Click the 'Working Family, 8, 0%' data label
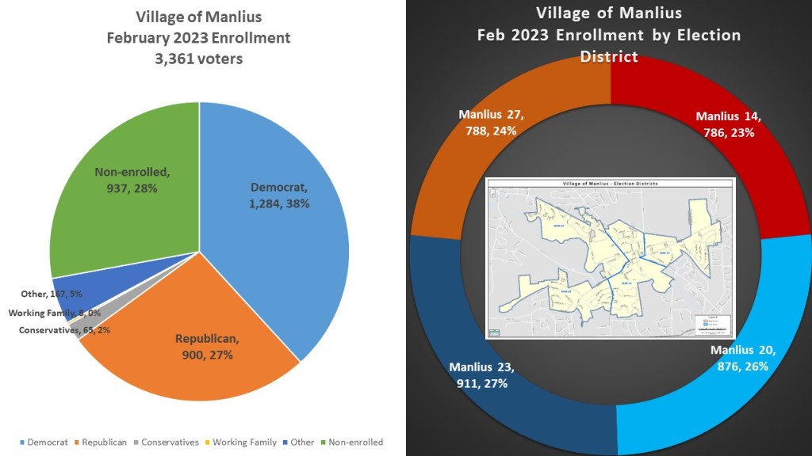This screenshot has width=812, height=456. (55, 313)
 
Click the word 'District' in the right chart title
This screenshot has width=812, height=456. (608, 57)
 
